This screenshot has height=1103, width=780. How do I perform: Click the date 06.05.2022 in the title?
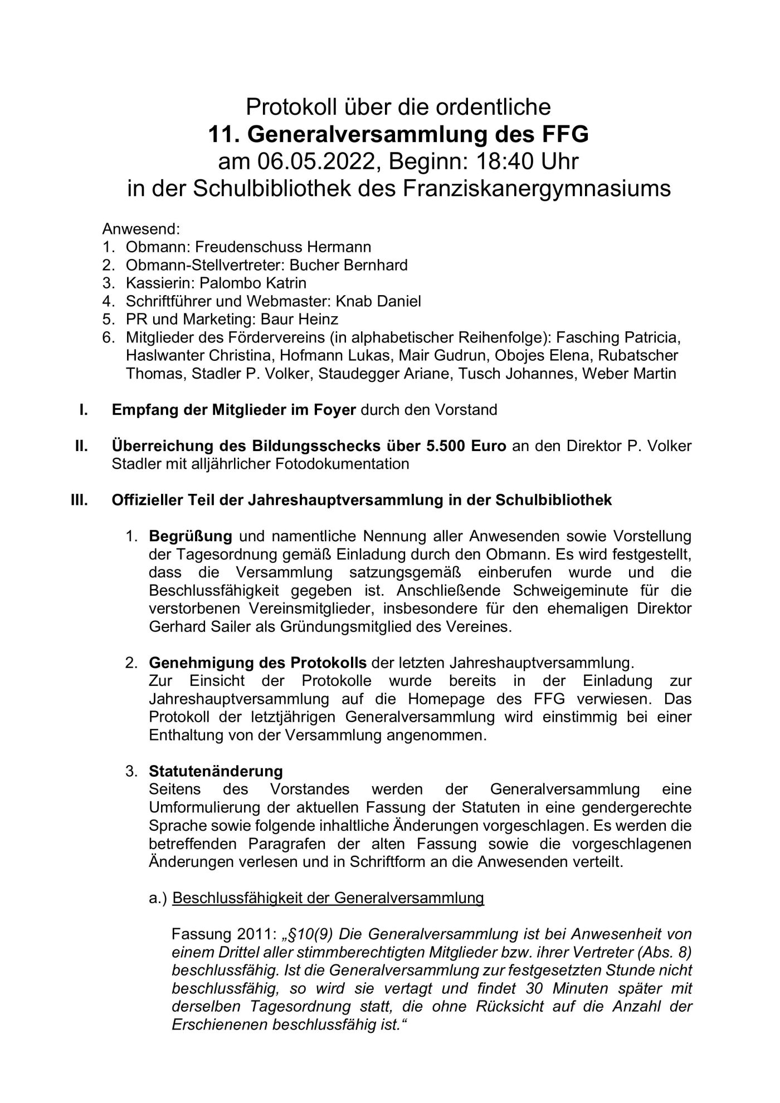[315, 161]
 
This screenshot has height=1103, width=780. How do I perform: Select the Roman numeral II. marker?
[81, 446]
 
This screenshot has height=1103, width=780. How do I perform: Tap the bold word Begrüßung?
[191, 536]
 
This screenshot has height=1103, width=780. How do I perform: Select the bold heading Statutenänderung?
[216, 771]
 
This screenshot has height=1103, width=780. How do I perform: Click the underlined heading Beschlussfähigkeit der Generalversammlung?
[328, 898]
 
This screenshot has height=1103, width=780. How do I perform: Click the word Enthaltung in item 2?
[186, 735]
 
